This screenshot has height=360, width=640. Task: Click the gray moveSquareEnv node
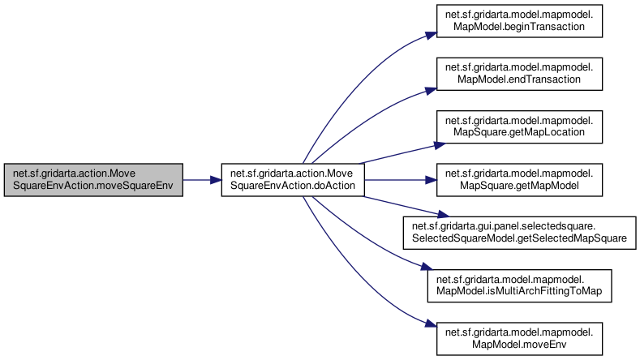(93, 180)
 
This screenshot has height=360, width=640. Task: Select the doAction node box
(293, 180)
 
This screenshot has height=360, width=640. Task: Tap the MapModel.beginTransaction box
(519, 21)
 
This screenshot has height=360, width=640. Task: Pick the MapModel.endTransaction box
(519, 74)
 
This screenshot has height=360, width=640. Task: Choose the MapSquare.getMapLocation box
(519, 127)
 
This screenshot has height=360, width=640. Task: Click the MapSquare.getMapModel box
(519, 180)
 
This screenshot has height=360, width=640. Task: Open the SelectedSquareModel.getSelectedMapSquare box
(520, 233)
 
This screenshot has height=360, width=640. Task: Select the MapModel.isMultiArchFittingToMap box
(519, 285)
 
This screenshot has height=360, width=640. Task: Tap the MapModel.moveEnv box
(519, 339)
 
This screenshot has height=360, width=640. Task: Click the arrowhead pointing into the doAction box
(216, 180)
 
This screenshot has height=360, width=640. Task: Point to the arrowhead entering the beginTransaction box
(431, 35)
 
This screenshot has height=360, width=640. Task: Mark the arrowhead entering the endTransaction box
(431, 90)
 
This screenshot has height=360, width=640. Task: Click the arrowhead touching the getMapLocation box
(439, 145)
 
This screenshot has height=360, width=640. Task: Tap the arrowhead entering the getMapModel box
(431, 180)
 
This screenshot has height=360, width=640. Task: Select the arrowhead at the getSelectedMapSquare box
(443, 214)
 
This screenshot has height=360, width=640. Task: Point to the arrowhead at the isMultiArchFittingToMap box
(427, 267)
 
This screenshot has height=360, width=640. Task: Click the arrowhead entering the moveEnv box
(431, 324)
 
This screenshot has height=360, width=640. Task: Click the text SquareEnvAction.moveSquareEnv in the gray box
(93, 186)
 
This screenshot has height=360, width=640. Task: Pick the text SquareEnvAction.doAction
(293, 186)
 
